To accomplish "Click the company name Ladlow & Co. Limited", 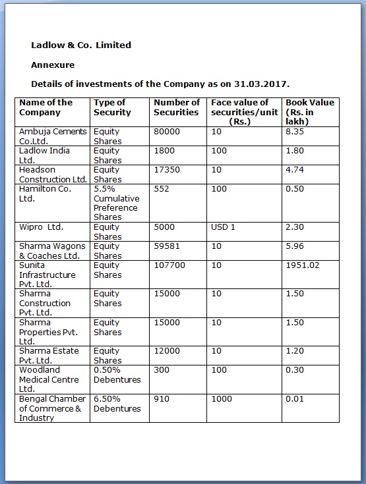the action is click(81, 45).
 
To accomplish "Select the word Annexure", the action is click(53, 65).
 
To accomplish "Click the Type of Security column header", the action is click(112, 107).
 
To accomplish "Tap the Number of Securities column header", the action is click(176, 107).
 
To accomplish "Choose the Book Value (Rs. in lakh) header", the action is click(309, 112).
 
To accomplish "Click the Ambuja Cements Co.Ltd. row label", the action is click(52, 136).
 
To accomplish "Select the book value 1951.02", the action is click(302, 265).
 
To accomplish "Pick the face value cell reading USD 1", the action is click(223, 227).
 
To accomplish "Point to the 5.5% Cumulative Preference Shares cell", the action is click(116, 203).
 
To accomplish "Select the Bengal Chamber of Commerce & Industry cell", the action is click(52, 408).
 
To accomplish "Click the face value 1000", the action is click(222, 399).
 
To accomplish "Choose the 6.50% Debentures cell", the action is click(117, 404).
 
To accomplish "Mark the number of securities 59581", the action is click(166, 246).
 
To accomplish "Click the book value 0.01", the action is click(295, 399).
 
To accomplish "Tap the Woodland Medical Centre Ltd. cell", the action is click(49, 379).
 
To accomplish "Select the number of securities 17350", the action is click(166, 170).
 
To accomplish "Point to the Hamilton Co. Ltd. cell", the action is click(45, 194).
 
